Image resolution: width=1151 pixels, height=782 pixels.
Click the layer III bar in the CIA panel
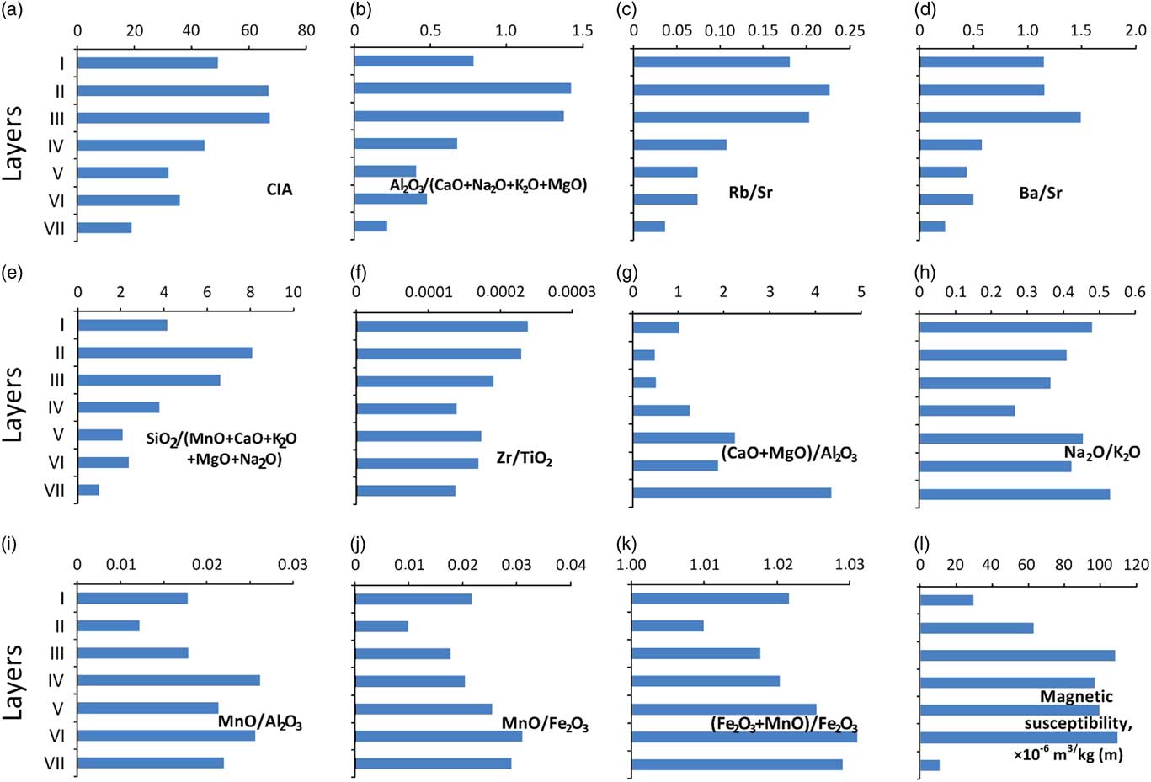tap(173, 118)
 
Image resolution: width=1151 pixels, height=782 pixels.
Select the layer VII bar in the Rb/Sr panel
tap(649, 226)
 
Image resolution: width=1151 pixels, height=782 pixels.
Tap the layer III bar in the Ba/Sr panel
tap(999, 117)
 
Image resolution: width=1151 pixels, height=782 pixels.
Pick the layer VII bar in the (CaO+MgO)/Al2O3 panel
tap(732, 492)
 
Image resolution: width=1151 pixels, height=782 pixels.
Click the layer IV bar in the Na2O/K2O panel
tap(967, 411)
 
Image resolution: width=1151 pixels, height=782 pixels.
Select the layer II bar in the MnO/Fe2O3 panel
tap(381, 626)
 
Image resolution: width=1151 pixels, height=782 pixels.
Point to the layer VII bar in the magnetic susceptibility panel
tap(930, 765)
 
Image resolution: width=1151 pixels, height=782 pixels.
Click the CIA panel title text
tap(280, 189)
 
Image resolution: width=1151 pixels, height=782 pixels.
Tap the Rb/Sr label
tap(750, 193)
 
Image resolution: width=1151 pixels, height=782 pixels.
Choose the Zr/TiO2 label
tap(524, 459)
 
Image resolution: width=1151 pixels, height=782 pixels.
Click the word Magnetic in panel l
tap(1076, 697)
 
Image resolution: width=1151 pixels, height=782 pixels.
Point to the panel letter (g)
tap(628, 273)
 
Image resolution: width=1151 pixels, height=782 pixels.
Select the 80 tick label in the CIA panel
tap(306, 30)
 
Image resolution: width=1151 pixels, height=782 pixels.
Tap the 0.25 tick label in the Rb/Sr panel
tap(850, 30)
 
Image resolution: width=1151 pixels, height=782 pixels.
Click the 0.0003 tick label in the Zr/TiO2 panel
tap(572, 292)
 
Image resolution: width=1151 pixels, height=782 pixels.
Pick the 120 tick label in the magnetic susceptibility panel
tap(1135, 565)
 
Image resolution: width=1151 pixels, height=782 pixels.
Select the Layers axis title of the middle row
tap(13, 404)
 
